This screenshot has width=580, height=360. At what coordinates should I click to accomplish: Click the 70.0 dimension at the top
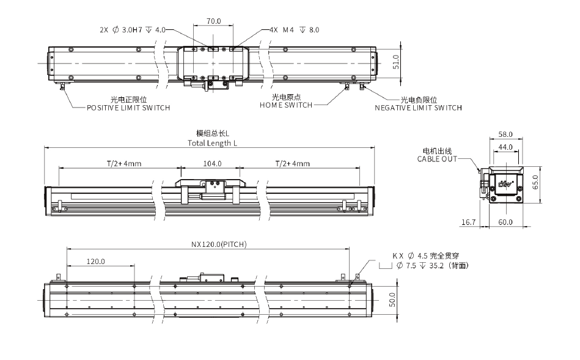pos(213,20)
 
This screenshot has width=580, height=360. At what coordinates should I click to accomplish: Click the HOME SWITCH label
pos(286,105)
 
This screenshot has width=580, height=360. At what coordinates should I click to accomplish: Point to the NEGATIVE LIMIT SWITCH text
pos(418,108)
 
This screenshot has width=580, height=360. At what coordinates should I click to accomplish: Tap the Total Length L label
pos(212,143)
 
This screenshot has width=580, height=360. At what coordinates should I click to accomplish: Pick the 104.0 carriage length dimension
pos(212,164)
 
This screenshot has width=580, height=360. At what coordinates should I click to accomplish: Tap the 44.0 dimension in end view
pos(505,147)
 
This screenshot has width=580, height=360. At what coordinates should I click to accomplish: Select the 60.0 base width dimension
pos(505,223)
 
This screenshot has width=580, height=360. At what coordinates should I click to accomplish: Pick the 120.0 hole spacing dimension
pos(96,262)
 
